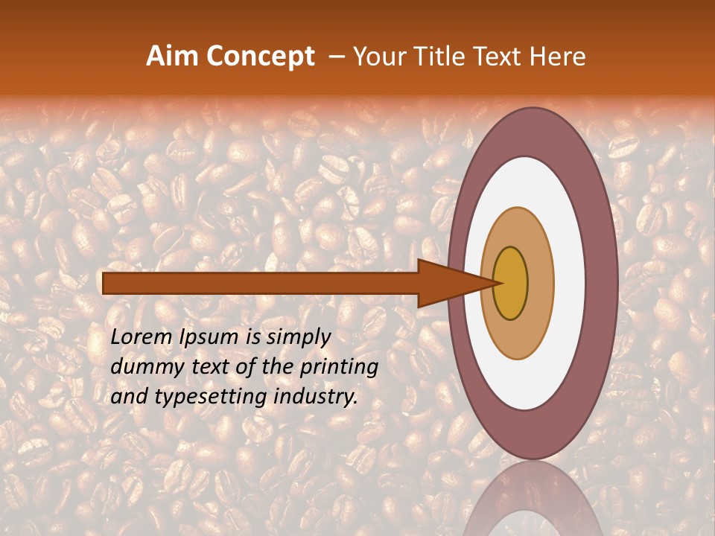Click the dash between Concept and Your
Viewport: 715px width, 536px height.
pyautogui.click(x=336, y=57)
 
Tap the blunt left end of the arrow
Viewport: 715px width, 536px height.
pyautogui.click(x=106, y=283)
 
